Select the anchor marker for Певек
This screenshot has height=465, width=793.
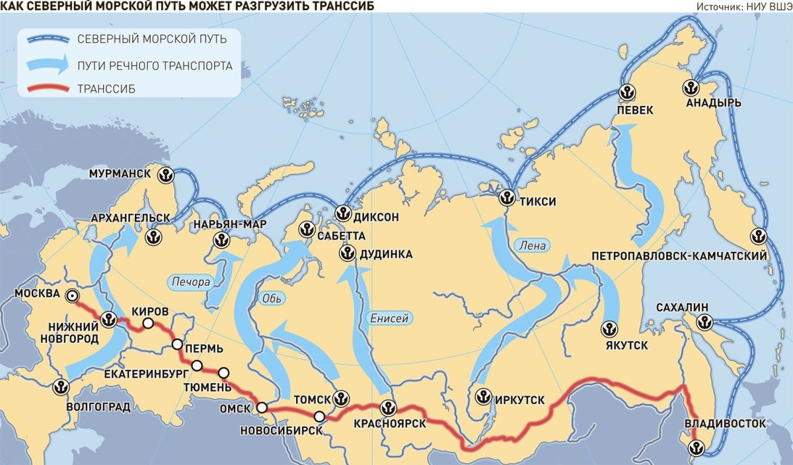pos(626,93)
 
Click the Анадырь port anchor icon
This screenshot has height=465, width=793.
pos(691,87)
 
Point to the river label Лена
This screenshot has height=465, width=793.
pos(533,245)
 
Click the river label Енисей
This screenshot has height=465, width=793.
pos(389,318)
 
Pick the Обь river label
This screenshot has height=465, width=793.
pos(271,297)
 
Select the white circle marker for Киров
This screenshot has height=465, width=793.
pos(148,323)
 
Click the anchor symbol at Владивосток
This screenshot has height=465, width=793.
pos(695,448)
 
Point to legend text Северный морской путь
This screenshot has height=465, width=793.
pos(151,39)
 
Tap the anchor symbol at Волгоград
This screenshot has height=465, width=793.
pos(61,387)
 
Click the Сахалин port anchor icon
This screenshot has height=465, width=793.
pos(704,322)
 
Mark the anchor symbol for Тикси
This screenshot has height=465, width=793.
pos(507,197)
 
